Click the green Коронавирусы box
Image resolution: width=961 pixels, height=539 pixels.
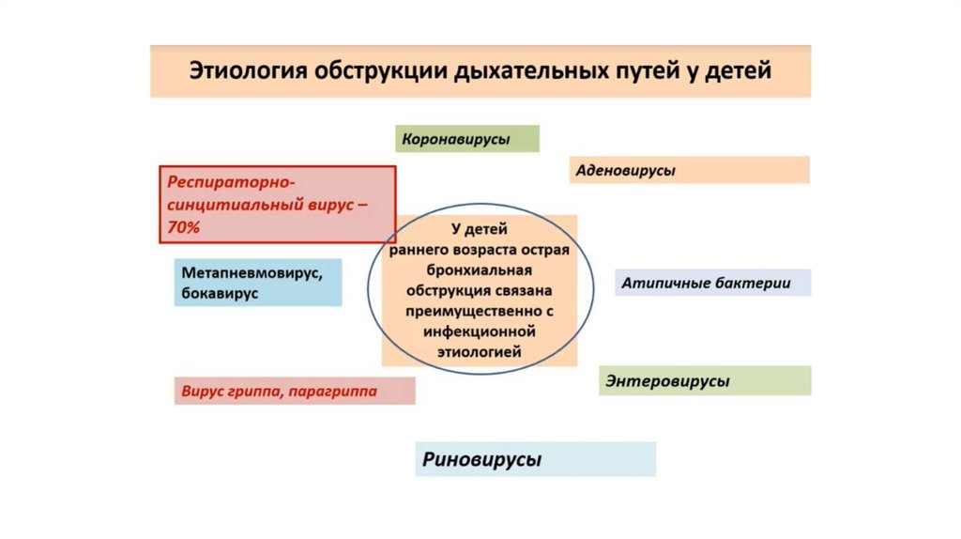[467, 139]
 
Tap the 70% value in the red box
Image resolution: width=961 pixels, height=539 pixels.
[184, 227]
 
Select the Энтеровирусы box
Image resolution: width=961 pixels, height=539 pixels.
[667, 381]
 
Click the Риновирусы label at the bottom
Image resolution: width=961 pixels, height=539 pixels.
[482, 460]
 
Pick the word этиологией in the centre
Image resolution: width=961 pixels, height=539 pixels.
[480, 351]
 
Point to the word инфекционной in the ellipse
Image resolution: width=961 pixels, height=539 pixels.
[479, 331]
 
